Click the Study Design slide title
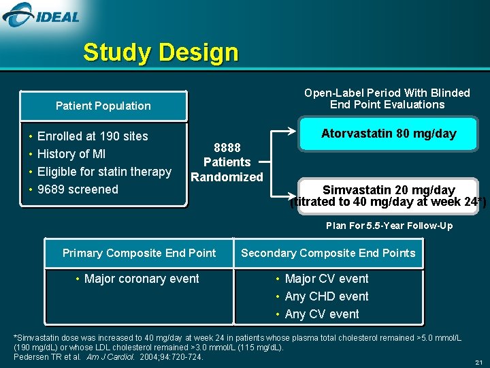161,52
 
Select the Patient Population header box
103,106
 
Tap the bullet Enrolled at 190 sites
93,136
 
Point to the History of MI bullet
71,154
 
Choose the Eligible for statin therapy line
104,172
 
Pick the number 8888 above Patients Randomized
227,147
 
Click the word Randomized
227,177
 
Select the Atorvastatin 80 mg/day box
388,134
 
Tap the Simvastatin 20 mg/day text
388,189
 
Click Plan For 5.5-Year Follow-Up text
389,226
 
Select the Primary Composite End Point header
139,253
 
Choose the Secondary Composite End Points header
328,253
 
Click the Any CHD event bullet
327,296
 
